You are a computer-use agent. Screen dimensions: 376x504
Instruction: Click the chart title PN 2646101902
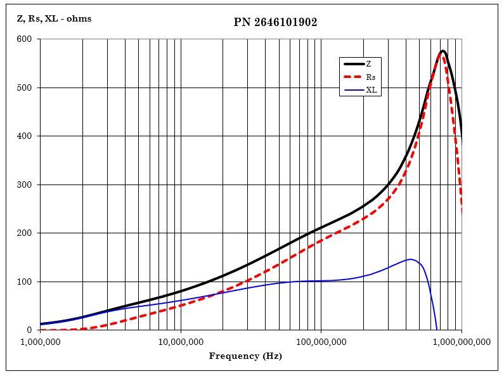[x=275, y=22]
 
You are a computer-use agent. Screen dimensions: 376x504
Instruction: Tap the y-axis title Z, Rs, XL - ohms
[x=54, y=18]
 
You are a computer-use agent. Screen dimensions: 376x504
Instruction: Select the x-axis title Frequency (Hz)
[x=245, y=356]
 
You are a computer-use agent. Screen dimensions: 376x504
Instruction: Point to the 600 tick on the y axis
[x=25, y=39]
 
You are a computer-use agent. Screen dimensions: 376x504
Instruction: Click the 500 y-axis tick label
[x=25, y=88]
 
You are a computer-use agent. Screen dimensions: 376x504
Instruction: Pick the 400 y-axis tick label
[x=25, y=136]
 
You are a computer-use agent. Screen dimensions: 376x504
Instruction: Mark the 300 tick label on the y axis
[x=25, y=185]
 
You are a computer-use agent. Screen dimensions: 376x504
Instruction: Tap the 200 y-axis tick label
[x=25, y=233]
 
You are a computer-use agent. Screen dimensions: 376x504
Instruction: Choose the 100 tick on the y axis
[x=25, y=282]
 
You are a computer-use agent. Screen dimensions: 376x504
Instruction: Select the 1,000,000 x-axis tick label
[x=40, y=342]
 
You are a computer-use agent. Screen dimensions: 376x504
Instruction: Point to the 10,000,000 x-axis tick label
[x=181, y=342]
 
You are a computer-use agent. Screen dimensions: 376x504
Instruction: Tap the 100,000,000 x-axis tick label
[x=321, y=342]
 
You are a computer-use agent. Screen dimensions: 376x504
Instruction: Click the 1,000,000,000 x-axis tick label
[x=461, y=342]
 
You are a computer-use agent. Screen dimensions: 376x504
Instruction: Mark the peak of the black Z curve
[x=443, y=51]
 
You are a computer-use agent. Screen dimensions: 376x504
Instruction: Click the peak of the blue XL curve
[x=411, y=259]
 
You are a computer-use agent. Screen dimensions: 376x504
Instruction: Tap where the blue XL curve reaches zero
[x=437, y=330]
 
